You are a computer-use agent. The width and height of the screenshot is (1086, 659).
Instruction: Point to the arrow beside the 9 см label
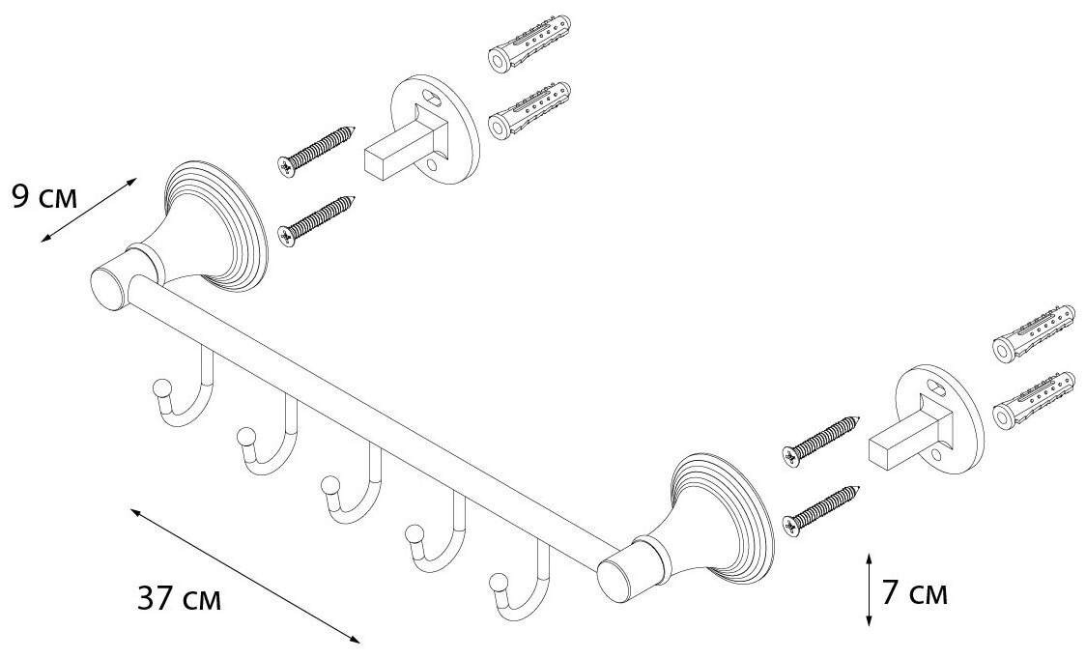click(87, 212)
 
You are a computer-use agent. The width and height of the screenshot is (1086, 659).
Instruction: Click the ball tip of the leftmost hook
click(159, 388)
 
